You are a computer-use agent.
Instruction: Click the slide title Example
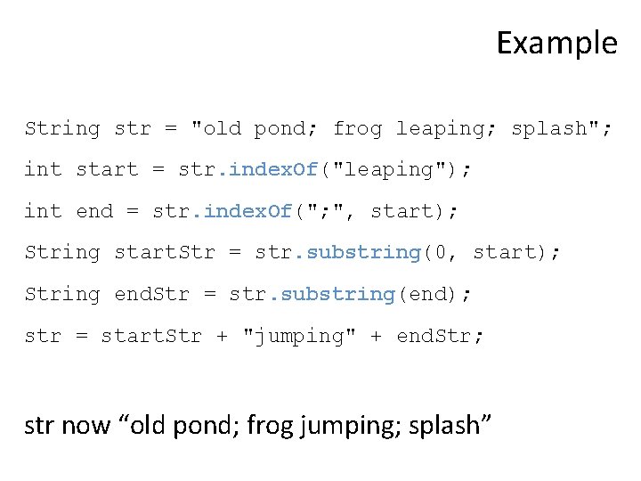click(x=556, y=43)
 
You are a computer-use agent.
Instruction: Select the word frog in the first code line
click(x=357, y=128)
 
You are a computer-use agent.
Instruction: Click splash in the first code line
click(x=548, y=128)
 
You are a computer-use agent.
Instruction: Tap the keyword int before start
click(x=43, y=169)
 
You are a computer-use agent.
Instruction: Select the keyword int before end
click(x=43, y=211)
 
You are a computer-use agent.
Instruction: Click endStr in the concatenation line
click(x=440, y=336)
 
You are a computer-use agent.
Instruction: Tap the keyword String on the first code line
click(x=62, y=128)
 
